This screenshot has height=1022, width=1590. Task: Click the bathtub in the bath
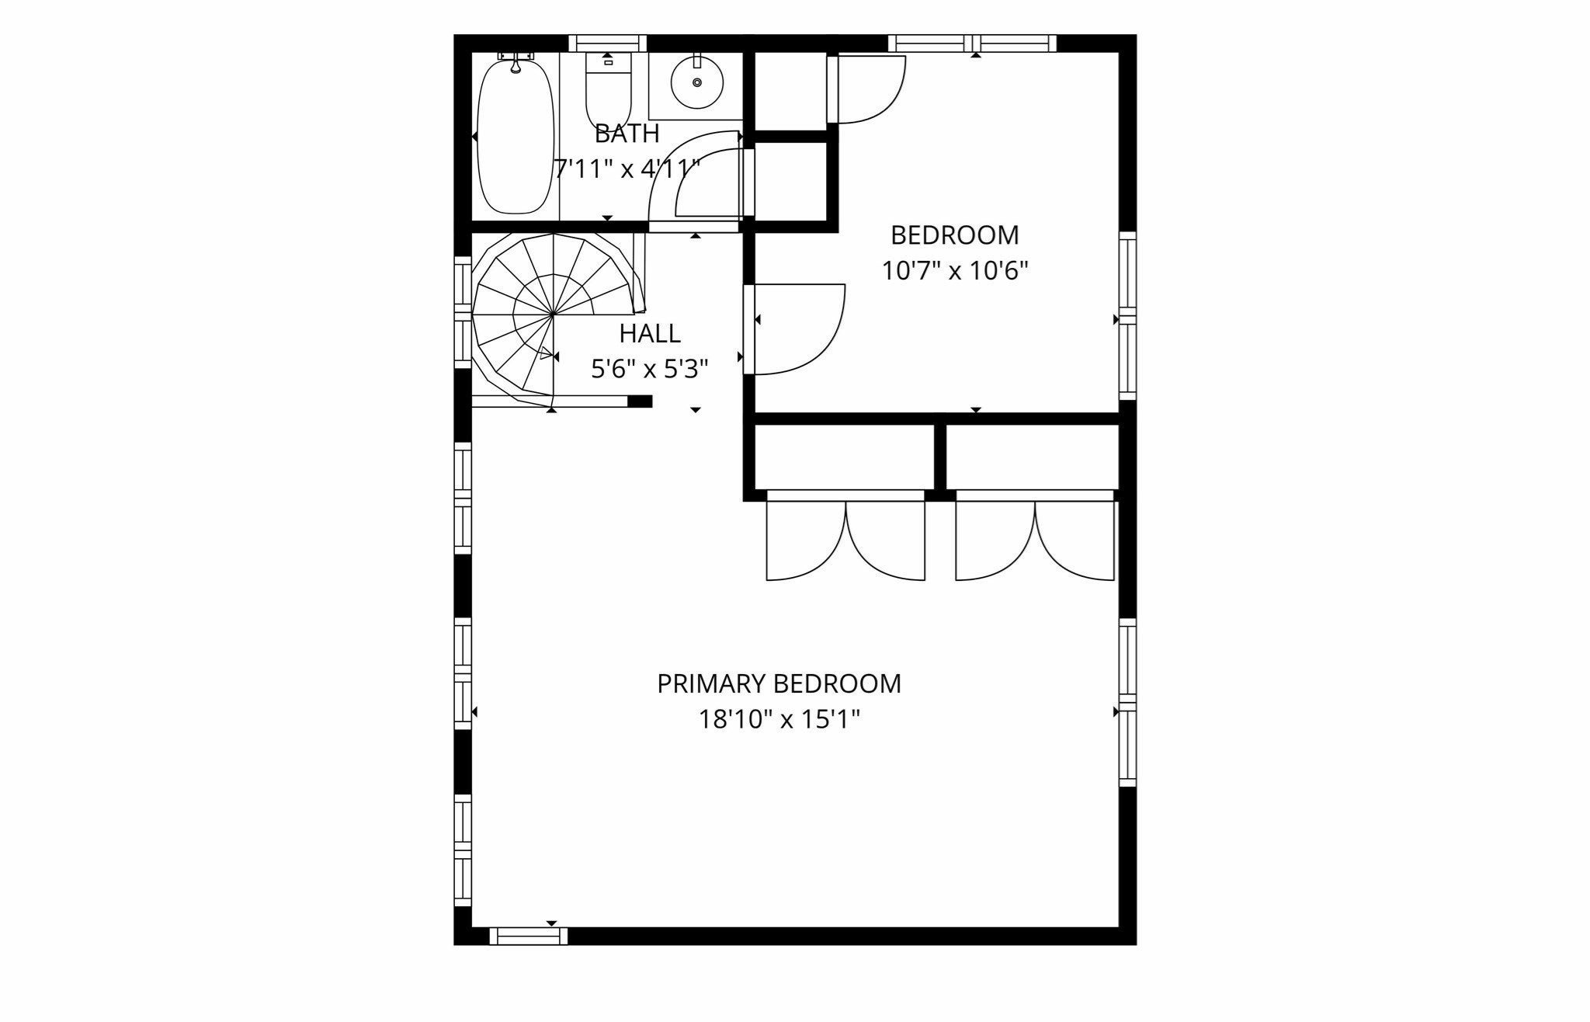[516, 137]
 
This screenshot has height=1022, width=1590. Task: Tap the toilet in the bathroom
[608, 89]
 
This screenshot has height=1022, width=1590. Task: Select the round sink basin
[696, 82]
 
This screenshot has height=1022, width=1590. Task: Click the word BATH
[627, 134]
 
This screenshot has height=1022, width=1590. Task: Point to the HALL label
[650, 333]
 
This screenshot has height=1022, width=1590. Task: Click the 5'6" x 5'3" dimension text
[650, 369]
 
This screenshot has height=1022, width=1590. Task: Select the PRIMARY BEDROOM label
[779, 683]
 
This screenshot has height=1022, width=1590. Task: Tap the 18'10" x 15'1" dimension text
[779, 720]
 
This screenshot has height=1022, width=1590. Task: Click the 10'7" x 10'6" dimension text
[955, 271]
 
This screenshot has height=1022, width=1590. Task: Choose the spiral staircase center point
[553, 315]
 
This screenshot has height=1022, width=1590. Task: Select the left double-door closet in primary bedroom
[845, 536]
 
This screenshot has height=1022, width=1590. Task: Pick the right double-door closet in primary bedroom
[1035, 536]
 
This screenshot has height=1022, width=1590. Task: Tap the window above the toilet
[608, 43]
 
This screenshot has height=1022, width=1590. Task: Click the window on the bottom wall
[529, 937]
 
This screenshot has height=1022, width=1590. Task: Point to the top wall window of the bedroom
[973, 43]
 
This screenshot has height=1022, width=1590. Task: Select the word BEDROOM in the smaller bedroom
[955, 235]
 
